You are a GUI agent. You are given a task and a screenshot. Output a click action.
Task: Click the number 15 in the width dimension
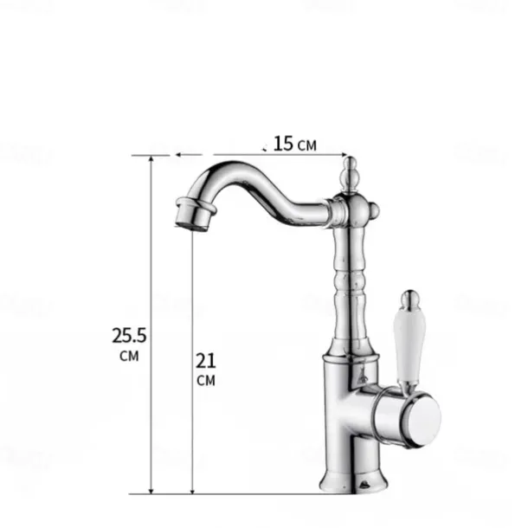[283, 143]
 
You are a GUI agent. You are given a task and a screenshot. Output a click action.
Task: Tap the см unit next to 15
[307, 145]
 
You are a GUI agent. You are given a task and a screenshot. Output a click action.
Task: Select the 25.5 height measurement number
[127, 335]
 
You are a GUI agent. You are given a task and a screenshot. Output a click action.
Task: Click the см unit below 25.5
[127, 356]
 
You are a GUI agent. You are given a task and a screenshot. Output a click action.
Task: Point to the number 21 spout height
[206, 359]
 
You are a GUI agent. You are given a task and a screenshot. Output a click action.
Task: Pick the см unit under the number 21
[206, 380]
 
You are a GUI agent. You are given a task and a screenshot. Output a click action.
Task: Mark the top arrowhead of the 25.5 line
[152, 160]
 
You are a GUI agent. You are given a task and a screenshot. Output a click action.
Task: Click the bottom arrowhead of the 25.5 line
[152, 489]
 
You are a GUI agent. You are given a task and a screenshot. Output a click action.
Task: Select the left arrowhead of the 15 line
[178, 156]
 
